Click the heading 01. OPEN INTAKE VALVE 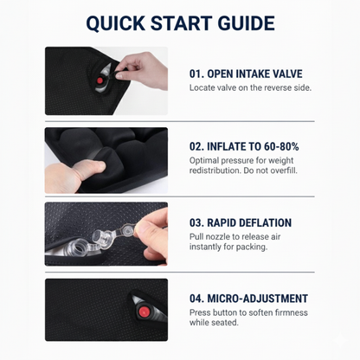click(246, 74)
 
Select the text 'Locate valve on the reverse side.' click(250, 87)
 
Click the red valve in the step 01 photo click(100, 80)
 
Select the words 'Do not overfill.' click(270, 170)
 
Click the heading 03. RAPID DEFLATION click(241, 223)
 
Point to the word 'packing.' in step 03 click(252, 247)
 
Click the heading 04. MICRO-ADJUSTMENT click(248, 299)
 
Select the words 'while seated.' click(214, 323)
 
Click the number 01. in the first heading click(196, 74)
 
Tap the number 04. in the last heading click(197, 299)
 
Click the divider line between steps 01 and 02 click(180, 121)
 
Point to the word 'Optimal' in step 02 click(203, 160)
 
